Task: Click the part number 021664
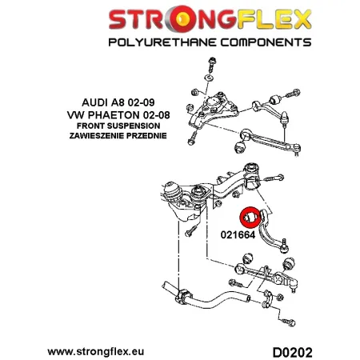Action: click(238, 234)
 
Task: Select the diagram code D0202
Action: click(292, 353)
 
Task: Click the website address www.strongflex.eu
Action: click(96, 351)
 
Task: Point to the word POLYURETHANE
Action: click(162, 42)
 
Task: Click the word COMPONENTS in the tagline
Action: click(266, 42)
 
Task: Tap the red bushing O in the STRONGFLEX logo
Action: click(182, 20)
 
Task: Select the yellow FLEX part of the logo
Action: click(274, 19)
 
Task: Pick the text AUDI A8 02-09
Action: click(118, 102)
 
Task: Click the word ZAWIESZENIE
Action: click(97, 136)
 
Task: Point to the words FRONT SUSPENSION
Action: click(118, 126)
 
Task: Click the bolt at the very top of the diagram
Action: click(212, 64)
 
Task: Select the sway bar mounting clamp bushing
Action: click(184, 297)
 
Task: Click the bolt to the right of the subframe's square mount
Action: click(274, 178)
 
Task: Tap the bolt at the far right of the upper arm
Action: click(293, 94)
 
